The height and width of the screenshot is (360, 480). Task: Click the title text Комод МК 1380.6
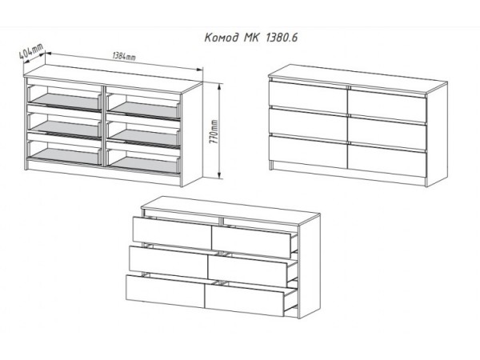250,38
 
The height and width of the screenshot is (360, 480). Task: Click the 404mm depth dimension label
31,52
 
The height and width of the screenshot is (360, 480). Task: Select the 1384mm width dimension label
124,57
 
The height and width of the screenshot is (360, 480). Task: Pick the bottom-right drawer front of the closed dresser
387,160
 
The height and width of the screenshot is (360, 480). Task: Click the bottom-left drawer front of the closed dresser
308,151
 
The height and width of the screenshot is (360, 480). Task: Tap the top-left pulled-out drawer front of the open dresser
172,230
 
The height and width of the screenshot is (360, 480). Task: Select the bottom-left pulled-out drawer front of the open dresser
166,291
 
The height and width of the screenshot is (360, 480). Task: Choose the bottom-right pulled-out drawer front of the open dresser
245,301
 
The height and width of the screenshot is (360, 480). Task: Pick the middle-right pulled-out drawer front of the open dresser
248,270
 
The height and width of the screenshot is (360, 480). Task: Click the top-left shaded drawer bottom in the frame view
66,102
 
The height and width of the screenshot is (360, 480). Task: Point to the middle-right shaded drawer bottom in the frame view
145,137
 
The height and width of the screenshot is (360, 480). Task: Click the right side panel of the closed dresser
437,134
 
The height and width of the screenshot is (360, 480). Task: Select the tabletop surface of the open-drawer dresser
231,210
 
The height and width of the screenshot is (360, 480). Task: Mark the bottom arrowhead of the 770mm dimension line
219,175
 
